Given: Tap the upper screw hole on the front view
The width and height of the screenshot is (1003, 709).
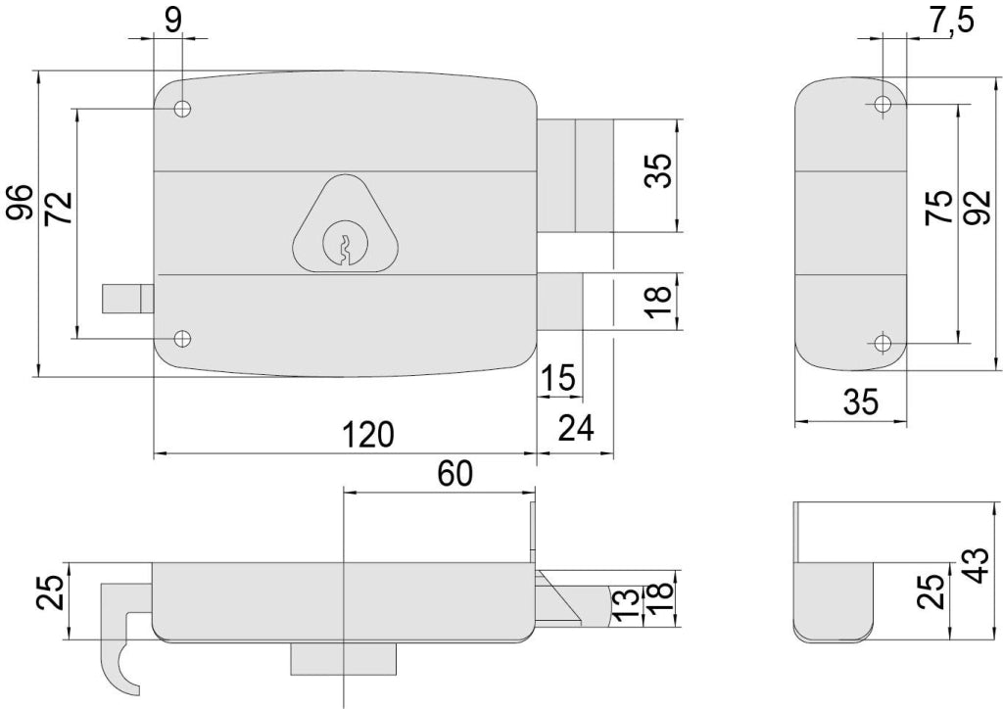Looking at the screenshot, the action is [x=183, y=109].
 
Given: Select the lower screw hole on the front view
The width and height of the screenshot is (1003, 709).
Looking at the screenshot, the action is [x=183, y=338].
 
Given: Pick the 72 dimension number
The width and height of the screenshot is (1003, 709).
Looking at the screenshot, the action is [x=59, y=208].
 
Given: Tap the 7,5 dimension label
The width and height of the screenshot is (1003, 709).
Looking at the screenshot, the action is [x=951, y=21].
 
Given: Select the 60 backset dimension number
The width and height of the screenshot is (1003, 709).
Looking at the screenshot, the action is [x=454, y=474].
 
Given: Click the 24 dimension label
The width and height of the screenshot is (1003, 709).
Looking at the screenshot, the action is [x=576, y=428].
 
